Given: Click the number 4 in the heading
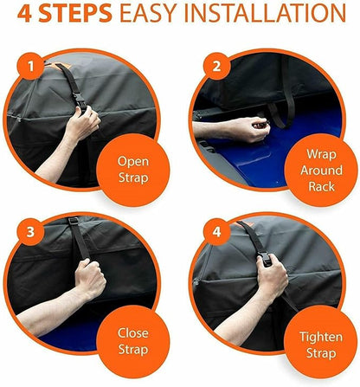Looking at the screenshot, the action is (x=24, y=13).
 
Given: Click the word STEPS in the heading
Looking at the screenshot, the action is (x=75, y=13).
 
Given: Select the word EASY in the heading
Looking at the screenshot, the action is (x=149, y=13).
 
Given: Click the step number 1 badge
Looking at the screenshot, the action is (x=31, y=67).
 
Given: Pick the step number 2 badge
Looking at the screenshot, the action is (x=216, y=67).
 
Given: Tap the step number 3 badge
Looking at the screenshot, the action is (x=30, y=232).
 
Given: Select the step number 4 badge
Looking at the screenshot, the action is (x=216, y=232).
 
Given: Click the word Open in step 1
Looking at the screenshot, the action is (x=133, y=162).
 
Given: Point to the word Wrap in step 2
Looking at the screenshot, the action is (x=321, y=155).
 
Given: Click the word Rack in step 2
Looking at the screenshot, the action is (x=321, y=186).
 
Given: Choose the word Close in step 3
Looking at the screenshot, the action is (x=133, y=333).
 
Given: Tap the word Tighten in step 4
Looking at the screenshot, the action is (x=321, y=338).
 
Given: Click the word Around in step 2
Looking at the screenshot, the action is (x=321, y=171).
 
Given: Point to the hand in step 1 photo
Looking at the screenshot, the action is (x=83, y=123).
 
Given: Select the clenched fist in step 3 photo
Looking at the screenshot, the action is (x=90, y=280).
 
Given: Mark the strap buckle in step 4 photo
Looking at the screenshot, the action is (x=266, y=258).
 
